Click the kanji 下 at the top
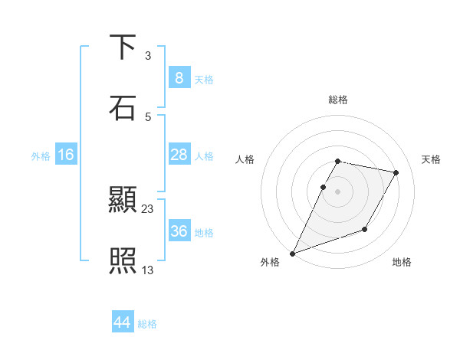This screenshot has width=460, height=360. [x=123, y=47]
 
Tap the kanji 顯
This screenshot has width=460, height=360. [x=123, y=201]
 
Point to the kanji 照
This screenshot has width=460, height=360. [x=123, y=260]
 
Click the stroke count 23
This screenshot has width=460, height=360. [x=148, y=208]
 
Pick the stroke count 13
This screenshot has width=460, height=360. [x=148, y=269]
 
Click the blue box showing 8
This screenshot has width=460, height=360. [x=179, y=78]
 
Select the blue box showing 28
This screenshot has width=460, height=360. [x=179, y=155]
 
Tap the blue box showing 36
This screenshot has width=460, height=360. [x=179, y=231]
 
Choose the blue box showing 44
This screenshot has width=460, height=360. [x=123, y=323]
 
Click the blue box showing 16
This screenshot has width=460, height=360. [x=65, y=155]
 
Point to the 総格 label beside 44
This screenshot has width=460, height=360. [x=147, y=324]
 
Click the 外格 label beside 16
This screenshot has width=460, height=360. [x=41, y=155]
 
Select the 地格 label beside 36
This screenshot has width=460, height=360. [x=204, y=232]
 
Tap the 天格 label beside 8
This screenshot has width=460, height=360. [x=204, y=79]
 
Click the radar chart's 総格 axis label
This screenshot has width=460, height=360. [x=338, y=100]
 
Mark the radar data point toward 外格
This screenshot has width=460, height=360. [x=292, y=254]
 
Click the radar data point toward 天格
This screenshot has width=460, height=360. [x=396, y=173]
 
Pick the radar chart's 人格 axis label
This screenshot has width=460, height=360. [x=245, y=159]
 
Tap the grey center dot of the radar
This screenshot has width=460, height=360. [x=338, y=191]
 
